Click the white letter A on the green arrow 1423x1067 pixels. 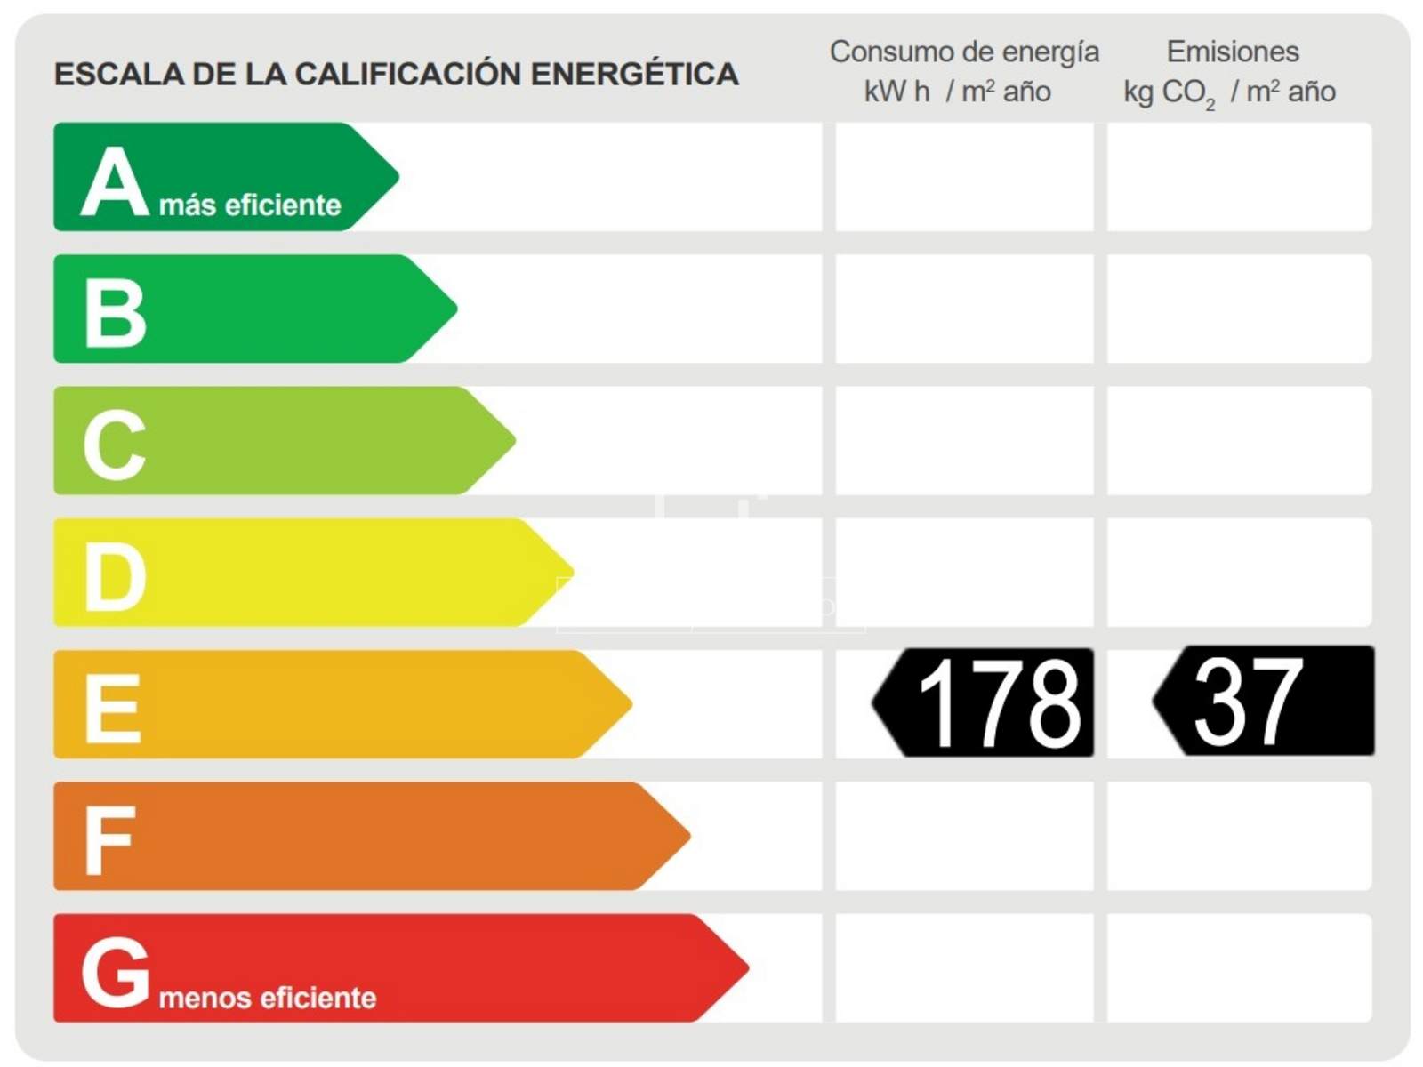tap(114, 182)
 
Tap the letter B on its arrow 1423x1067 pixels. tap(115, 312)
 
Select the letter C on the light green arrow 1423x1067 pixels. tap(114, 444)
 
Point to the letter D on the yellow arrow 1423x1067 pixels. tap(115, 576)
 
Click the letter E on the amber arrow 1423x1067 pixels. tap(112, 708)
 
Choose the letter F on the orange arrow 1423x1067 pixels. tap(109, 839)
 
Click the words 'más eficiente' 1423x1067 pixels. tap(250, 205)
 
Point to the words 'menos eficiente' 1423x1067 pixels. tap(267, 998)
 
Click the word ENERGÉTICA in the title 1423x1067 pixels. tap(634, 74)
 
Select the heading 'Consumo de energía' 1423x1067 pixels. tap(964, 52)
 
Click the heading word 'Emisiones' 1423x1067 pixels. tap(1233, 52)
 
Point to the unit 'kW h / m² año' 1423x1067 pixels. tap(957, 92)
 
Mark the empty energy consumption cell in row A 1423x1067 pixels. tap(964, 177)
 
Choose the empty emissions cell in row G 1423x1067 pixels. tap(1239, 968)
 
